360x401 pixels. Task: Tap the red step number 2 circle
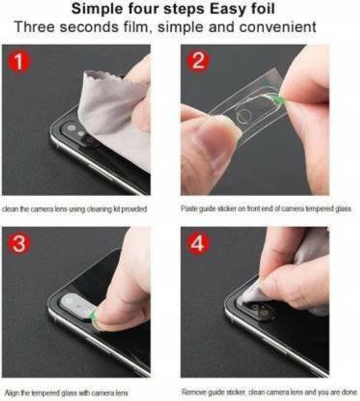[197, 62]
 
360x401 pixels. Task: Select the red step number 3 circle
[19, 244]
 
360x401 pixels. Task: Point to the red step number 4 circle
[197, 244]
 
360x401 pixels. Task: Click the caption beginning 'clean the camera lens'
[75, 209]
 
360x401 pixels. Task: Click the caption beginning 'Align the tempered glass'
[66, 393]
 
